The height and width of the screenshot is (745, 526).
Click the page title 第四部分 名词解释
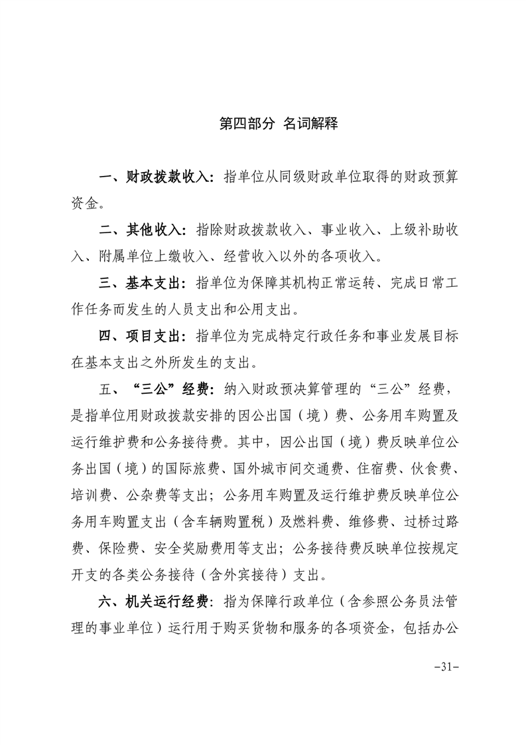point(279,124)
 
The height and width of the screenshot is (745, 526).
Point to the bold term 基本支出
point(154,282)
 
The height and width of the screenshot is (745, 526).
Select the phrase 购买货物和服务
point(273,625)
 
